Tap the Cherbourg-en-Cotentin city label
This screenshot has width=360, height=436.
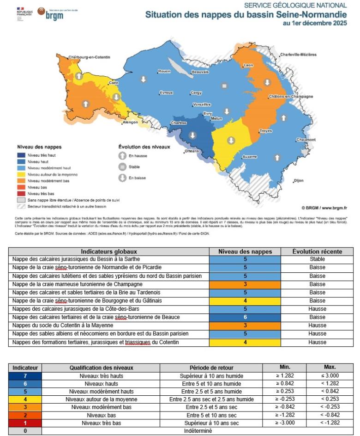coord(89,57)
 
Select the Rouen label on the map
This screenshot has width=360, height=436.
coord(164,71)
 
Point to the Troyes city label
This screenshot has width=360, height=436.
coord(265,131)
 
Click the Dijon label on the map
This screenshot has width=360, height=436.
coord(299,180)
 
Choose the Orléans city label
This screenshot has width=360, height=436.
coord(192,151)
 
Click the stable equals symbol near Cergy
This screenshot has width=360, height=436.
coord(224,86)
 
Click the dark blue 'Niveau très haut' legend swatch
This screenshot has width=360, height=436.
coord(20,155)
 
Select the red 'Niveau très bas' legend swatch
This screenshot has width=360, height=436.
coord(20,194)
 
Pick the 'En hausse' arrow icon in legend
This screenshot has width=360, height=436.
coord(122,156)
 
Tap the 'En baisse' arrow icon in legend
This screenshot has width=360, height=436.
coord(122,178)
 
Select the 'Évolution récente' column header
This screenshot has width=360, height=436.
coord(317,252)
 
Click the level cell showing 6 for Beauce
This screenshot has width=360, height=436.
coord(245,317)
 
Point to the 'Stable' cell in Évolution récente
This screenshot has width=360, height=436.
coord(317,259)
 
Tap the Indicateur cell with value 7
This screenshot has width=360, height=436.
coord(25,376)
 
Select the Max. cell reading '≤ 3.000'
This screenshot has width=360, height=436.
coord(333,376)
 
